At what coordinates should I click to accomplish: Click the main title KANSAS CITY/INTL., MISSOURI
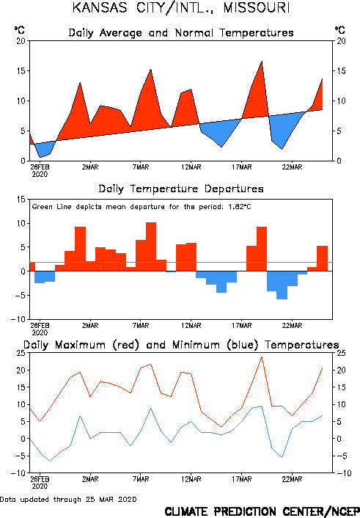181,7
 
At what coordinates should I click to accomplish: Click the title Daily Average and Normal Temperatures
181,33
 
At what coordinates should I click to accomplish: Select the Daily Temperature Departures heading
181,189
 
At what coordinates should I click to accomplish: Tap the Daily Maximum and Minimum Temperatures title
181,345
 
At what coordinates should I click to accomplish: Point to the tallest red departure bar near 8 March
151,247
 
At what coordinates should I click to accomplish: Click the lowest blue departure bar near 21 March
282,285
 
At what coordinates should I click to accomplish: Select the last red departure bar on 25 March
323,259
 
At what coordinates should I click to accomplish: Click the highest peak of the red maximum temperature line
262,357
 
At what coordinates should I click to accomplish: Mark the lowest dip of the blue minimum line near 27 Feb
50,462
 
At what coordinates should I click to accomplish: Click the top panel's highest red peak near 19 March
262,62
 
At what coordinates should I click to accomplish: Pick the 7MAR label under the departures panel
141,326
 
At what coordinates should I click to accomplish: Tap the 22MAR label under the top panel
293,167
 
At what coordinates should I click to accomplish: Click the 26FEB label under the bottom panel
40,479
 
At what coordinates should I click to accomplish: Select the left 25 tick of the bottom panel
21,353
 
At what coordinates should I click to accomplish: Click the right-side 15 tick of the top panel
341,71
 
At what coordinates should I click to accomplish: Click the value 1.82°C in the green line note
240,207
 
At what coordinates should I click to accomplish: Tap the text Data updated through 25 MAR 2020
68,500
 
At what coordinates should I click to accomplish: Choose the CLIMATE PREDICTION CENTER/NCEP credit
262,511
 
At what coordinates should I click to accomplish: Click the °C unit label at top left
19,30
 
